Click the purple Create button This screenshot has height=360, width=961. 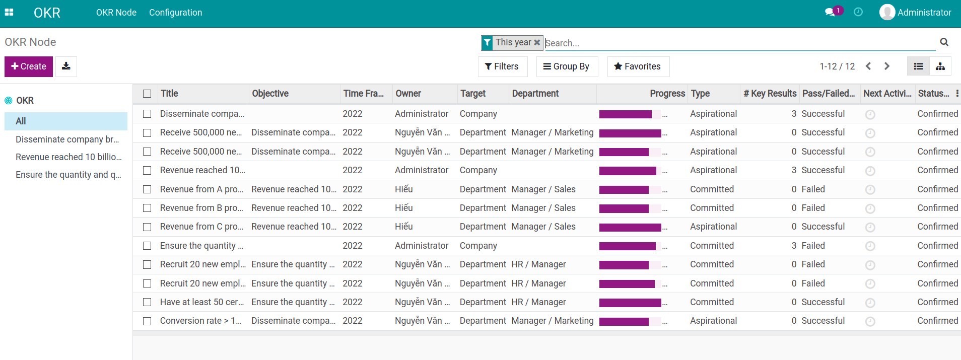(29, 66)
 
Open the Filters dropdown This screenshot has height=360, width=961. (502, 66)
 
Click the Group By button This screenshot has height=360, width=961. (567, 66)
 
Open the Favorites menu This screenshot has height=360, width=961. (638, 66)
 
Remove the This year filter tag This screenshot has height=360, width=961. (537, 43)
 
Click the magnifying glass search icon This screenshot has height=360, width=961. (944, 42)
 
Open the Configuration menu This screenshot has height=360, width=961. (175, 13)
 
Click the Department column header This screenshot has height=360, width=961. (535, 94)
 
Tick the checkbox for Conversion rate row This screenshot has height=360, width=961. (147, 321)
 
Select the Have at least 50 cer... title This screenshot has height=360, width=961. (201, 302)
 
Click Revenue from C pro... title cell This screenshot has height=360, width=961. (201, 227)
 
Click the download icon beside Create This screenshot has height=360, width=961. (66, 66)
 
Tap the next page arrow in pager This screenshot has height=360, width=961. (887, 66)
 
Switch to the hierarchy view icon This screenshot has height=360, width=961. (940, 66)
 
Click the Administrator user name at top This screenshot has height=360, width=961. (924, 13)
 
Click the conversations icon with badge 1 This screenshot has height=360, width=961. (830, 12)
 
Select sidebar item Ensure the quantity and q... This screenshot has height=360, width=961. (68, 175)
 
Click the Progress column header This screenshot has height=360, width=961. (667, 94)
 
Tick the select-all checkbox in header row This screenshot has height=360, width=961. (147, 94)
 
